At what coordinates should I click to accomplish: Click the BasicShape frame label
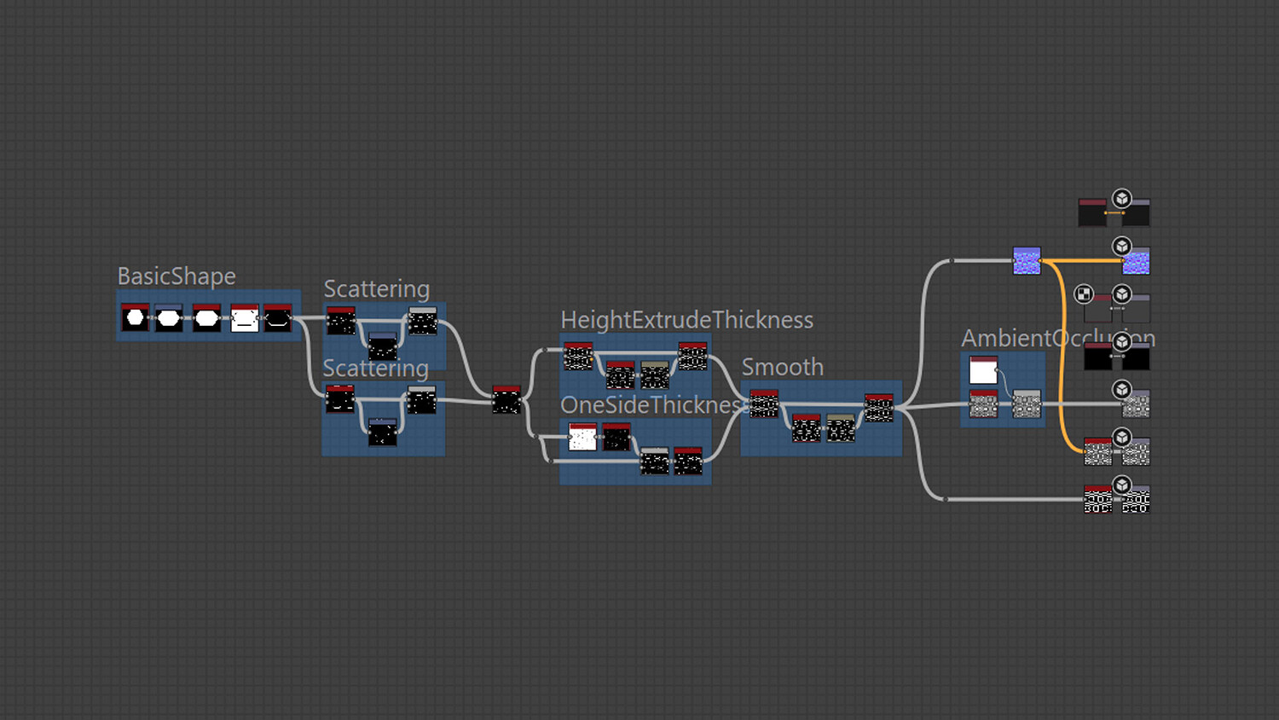(x=177, y=276)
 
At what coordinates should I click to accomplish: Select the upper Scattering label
(x=376, y=289)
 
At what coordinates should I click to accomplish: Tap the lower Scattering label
(x=375, y=369)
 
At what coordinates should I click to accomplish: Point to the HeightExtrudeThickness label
(x=686, y=320)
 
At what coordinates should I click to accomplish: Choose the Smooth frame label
(x=782, y=367)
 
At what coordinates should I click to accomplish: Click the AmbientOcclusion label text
(x=1057, y=339)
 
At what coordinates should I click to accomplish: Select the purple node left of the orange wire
(x=1027, y=260)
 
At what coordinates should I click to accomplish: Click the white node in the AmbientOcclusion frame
(x=983, y=370)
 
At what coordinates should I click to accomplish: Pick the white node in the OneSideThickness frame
(x=582, y=437)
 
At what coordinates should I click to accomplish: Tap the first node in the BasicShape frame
(x=135, y=318)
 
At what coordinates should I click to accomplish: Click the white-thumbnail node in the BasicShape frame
(x=245, y=318)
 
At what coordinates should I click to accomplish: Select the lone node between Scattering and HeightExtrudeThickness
(x=506, y=399)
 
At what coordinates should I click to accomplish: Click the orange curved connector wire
(x=1062, y=358)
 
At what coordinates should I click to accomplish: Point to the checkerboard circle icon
(x=1083, y=294)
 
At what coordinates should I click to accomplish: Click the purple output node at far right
(x=1136, y=261)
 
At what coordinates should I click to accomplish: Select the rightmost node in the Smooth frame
(x=879, y=408)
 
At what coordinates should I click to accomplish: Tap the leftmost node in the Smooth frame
(x=764, y=404)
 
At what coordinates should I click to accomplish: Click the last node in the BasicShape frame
(x=278, y=318)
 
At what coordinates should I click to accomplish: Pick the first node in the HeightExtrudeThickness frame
(x=578, y=357)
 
